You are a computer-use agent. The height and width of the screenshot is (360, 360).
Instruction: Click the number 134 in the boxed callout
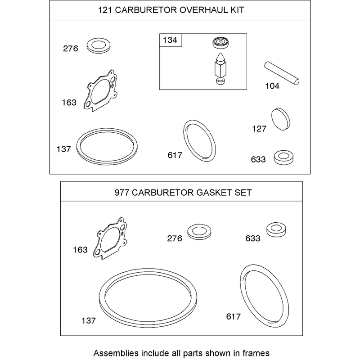tap(170, 40)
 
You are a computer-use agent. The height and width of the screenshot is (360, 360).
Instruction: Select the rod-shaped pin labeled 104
tap(282, 73)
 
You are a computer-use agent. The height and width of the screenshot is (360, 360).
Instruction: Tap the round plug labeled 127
tap(280, 119)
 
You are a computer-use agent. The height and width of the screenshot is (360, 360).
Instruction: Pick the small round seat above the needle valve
tap(220, 43)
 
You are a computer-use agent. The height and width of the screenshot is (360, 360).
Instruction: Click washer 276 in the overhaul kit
tap(99, 45)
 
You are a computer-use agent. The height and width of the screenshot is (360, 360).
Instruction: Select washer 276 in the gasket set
tap(199, 231)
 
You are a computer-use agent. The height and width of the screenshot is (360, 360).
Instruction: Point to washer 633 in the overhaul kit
tap(283, 157)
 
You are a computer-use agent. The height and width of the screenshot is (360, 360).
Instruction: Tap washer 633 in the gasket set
tap(276, 229)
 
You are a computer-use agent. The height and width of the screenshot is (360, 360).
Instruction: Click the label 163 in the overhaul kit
tap(69, 103)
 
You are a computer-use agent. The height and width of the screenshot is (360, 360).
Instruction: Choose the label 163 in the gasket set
tap(80, 250)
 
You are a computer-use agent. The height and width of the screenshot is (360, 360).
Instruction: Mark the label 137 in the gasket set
tap(88, 320)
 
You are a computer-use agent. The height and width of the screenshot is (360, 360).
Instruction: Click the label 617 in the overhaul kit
tap(175, 155)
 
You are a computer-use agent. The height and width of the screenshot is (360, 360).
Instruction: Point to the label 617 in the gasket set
tap(233, 317)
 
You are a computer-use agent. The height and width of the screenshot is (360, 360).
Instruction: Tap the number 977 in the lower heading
tap(122, 193)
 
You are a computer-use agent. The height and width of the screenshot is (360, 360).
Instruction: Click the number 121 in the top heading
tap(105, 10)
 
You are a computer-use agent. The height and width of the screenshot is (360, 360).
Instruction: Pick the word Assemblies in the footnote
tap(116, 353)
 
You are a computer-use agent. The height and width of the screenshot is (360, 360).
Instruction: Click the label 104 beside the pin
tap(272, 86)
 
